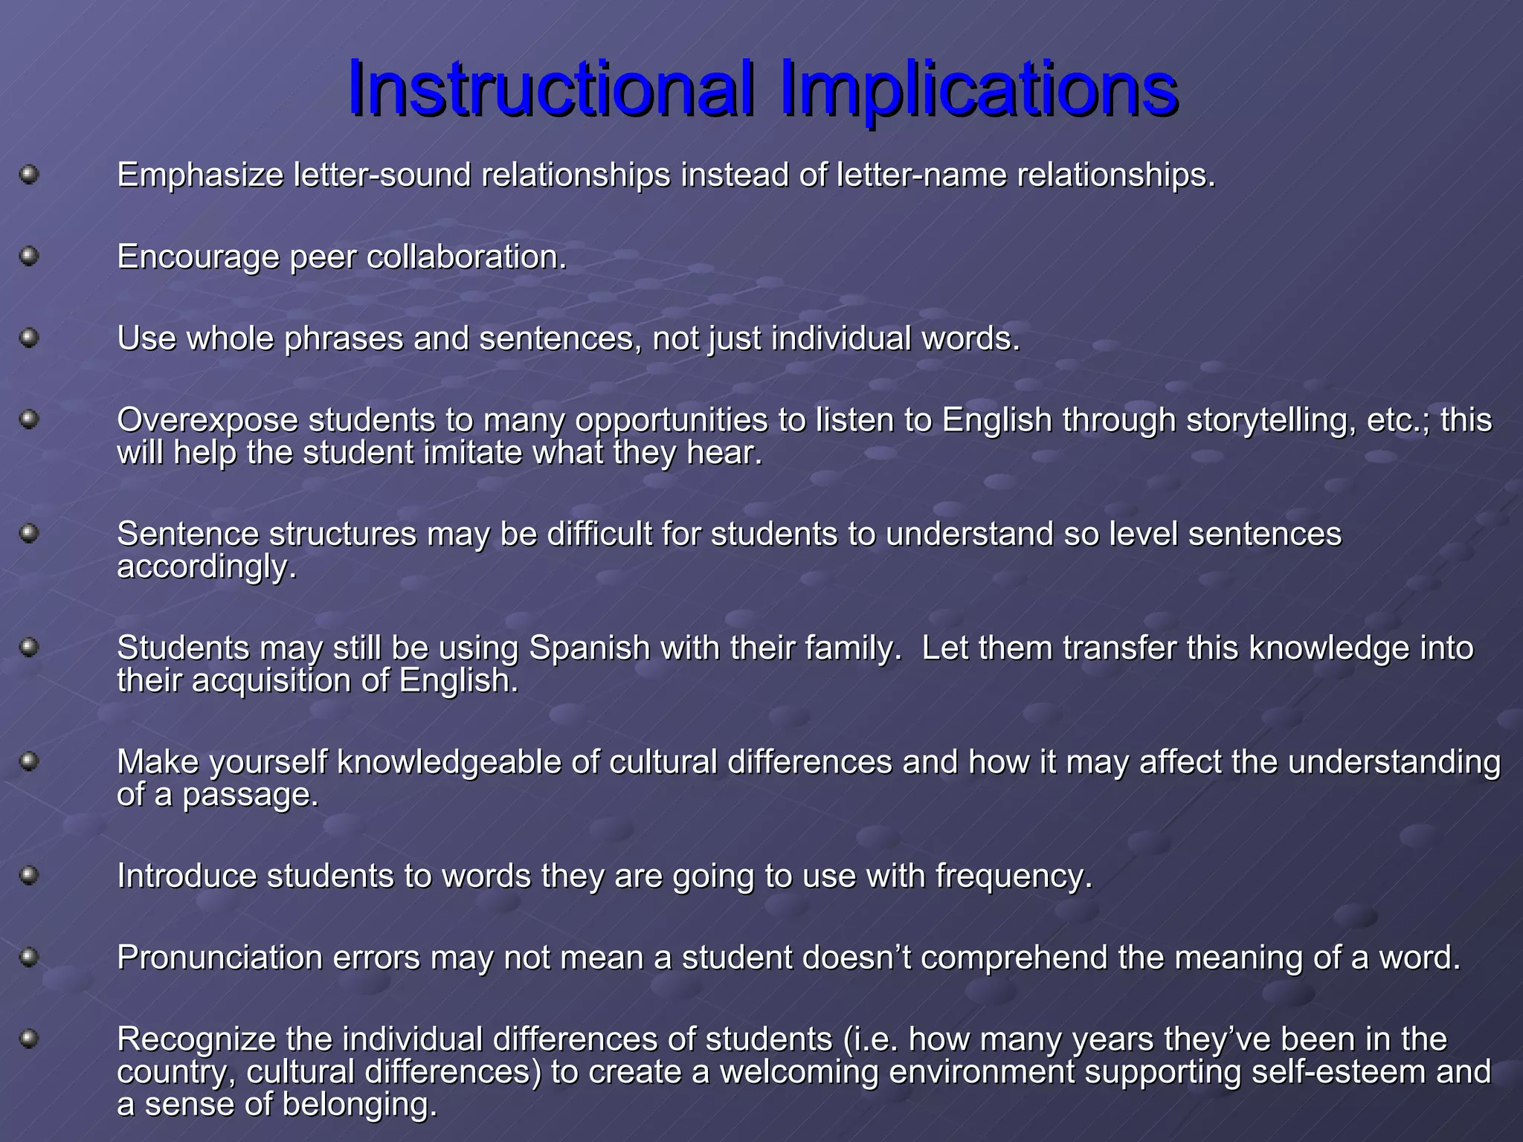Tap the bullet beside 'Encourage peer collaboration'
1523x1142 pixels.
[x=29, y=257]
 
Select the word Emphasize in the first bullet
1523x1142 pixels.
[x=200, y=175]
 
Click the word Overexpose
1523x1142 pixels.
[x=207, y=420]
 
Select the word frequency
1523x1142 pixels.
[x=1014, y=877]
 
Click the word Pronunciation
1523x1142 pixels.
[x=219, y=958]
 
